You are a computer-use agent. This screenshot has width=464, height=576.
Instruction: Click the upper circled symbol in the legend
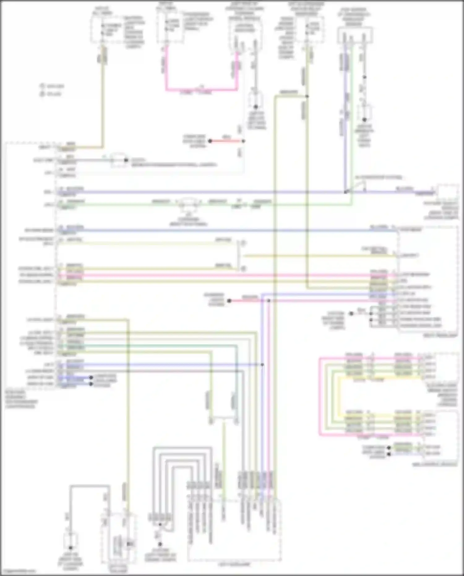pos(42,86)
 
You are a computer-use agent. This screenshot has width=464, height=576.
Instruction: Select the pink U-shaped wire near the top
pos(201,90)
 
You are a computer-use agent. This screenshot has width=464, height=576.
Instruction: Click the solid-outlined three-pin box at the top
pos(355,35)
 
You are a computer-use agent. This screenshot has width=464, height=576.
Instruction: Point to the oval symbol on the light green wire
pos(189,204)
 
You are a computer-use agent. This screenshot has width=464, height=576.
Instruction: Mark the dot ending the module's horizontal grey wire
pos(126,160)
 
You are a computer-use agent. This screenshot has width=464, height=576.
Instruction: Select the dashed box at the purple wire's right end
pos(447,193)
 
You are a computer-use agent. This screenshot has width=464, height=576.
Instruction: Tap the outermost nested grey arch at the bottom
pos(183,448)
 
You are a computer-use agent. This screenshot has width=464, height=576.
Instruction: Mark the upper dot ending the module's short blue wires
pos(91,378)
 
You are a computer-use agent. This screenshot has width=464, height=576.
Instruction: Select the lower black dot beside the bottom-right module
pos(389,454)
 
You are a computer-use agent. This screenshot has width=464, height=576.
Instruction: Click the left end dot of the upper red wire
pos(210,141)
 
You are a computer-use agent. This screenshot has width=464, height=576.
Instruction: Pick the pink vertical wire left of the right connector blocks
pos(320,396)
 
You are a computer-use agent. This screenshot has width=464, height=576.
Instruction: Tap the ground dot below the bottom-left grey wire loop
pos(70,547)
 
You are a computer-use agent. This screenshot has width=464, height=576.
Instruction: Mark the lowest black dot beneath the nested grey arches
pos(160,544)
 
